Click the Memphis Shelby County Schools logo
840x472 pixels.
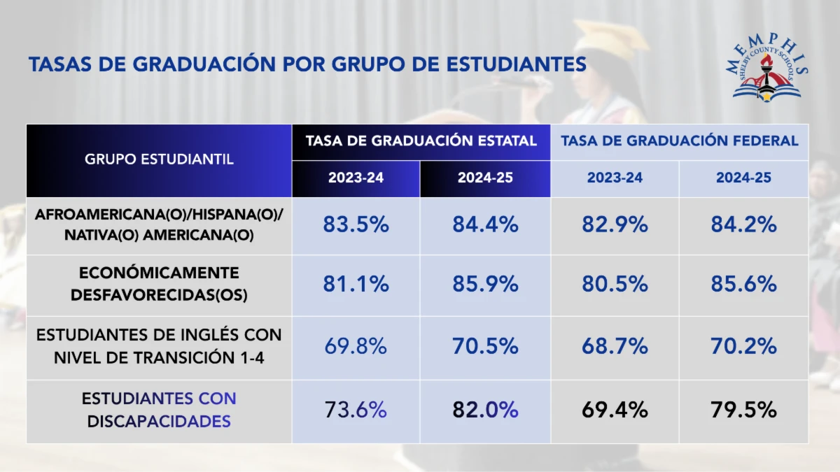pos(768,69)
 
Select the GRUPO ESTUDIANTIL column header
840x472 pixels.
pos(159,159)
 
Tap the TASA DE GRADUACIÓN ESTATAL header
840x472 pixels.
pos(421,141)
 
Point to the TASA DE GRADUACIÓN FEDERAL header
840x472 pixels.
pos(679,141)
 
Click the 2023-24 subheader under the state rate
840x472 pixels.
pos(356,178)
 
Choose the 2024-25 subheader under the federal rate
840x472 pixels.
pos(743,178)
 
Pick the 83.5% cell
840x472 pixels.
pos(356,224)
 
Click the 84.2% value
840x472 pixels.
pos(743,224)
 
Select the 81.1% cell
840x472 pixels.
pos(356,284)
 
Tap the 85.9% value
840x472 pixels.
pos(485,284)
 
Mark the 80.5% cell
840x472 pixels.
pos(615,284)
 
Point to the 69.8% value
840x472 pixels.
pos(356,345)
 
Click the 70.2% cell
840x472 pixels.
pos(743,345)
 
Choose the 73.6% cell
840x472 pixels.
pos(356,410)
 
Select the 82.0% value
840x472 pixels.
pos(485,410)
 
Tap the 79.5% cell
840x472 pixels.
pos(743,410)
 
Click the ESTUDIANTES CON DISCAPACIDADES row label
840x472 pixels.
pos(159,410)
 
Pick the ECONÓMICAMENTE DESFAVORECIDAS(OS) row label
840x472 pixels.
pos(159,284)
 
